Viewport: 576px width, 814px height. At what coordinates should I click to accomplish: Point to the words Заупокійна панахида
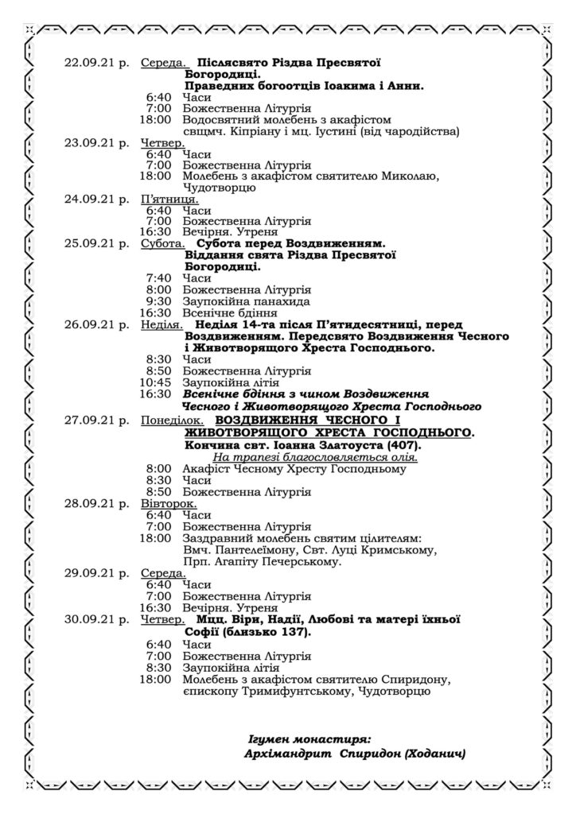click(241, 301)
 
